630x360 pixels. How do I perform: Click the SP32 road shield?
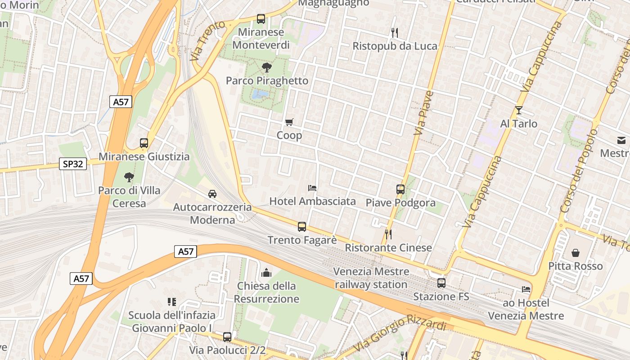coord(73,164)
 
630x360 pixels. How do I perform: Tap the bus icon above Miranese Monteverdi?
coord(261,19)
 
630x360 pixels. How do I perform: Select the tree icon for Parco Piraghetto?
coord(266,67)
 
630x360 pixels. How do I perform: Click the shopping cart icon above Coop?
coord(289,122)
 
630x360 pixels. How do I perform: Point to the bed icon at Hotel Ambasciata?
coord(312,188)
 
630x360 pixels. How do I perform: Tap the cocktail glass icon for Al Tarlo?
coord(518,110)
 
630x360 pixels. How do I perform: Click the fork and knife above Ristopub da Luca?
coord(395,32)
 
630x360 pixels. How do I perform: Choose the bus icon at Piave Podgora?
coord(400,189)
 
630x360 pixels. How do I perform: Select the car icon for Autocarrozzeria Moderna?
coord(212,194)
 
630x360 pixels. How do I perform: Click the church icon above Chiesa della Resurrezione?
coord(266,273)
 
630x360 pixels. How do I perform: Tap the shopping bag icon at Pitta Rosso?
coord(575,253)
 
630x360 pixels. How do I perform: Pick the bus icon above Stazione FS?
coord(441,283)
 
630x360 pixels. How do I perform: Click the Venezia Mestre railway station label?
coord(371,278)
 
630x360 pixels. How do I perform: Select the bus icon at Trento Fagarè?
coord(302,227)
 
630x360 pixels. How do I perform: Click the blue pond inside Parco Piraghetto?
coord(260,94)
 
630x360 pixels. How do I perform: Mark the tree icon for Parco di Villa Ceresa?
coord(129,177)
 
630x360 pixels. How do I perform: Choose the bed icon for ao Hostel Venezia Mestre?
coord(526,289)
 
